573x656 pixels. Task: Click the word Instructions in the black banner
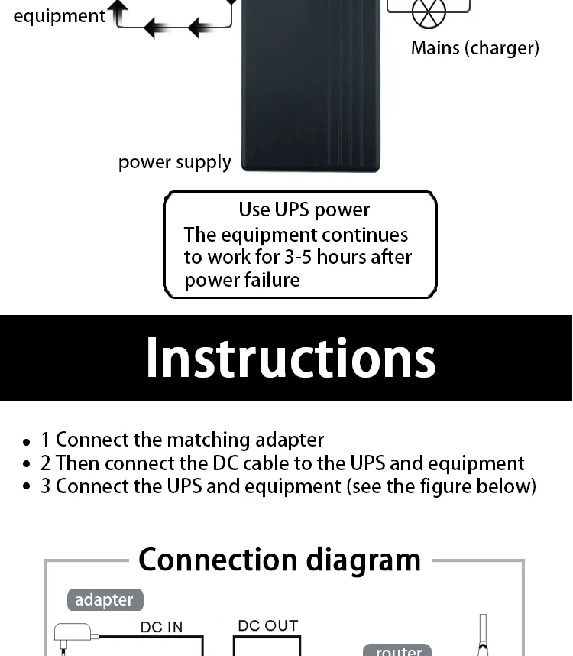290,358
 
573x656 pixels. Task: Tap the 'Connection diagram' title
279,560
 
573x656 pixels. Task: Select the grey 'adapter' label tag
105,600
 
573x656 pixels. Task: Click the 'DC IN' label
162,627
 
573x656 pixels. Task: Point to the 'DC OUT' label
267,625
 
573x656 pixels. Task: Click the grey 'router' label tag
398,651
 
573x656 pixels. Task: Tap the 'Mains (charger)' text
474,48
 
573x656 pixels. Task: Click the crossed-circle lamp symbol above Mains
429,11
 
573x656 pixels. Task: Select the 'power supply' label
174,162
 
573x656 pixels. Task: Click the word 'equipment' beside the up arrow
60,16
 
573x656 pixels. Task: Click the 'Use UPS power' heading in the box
304,209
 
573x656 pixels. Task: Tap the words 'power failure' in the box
241,280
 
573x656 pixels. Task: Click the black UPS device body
310,92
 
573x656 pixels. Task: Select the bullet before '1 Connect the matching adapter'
27,442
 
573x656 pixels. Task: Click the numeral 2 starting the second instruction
46,463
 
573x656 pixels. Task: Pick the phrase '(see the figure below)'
442,486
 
